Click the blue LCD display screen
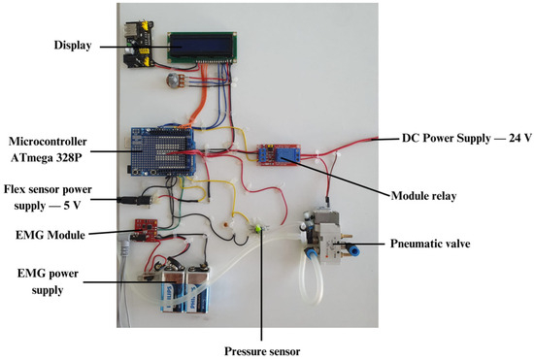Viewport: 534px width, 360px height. [x=200, y=47]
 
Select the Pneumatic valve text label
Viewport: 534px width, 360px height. [x=434, y=244]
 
